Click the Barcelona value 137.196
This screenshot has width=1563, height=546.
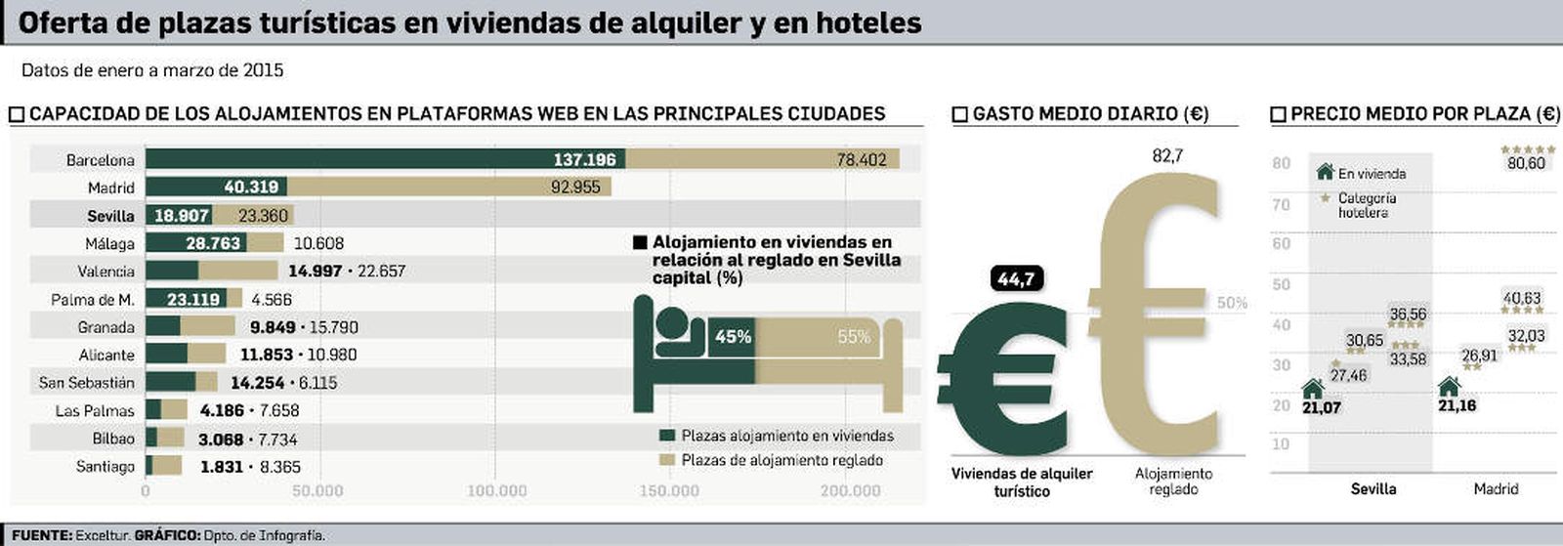pos(584,159)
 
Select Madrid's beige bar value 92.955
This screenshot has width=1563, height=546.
pos(575,187)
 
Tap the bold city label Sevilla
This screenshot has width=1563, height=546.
pos(110,216)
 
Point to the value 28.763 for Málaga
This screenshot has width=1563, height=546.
pos(212,243)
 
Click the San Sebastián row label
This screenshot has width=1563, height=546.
pos(87,383)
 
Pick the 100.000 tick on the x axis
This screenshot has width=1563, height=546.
pos(496,490)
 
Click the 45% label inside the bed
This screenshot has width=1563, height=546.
pos(733,337)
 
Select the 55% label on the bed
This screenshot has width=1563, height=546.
pos(853,337)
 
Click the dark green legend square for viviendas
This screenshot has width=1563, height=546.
pos(667,436)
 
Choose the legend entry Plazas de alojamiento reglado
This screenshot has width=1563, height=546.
pos(781,460)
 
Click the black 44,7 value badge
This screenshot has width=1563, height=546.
pos(1016,280)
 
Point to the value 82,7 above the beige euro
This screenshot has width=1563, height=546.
pos(1166,155)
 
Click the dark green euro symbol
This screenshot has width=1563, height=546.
pos(1001,376)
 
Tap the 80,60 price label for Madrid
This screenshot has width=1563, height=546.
pos(1526,163)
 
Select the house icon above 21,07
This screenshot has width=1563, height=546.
pos(1313,389)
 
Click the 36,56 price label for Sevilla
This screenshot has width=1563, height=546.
pos(1408,315)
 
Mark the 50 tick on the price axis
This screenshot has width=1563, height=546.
pos(1281,284)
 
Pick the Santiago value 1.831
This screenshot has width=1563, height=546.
pos(221,467)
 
